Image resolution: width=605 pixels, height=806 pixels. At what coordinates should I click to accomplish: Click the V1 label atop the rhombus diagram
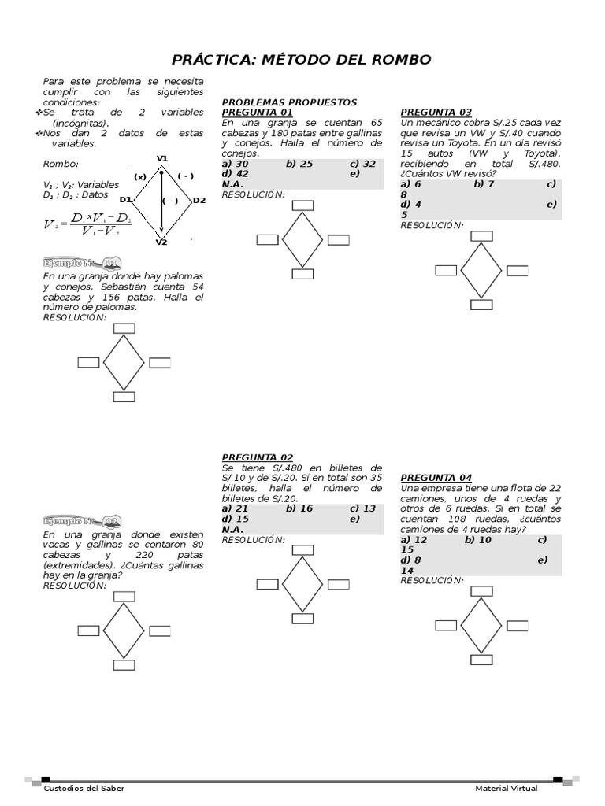tap(162, 158)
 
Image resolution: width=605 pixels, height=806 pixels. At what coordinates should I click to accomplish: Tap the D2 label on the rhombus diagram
tap(199, 200)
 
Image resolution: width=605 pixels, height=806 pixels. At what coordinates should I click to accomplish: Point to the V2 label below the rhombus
tap(161, 242)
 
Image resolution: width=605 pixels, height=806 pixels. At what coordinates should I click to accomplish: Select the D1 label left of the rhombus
tap(125, 199)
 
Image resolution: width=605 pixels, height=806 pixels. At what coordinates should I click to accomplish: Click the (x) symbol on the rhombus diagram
tap(140, 177)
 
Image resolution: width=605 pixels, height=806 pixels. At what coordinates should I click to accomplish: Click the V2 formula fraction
tap(88, 224)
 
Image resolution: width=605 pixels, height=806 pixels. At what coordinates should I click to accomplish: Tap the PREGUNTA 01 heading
tap(258, 112)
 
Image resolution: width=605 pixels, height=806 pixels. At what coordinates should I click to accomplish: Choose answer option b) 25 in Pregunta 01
tap(299, 164)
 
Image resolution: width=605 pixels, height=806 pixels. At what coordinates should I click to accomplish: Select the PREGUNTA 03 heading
tap(436, 112)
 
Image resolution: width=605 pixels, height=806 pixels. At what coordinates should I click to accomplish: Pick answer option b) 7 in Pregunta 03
tap(484, 184)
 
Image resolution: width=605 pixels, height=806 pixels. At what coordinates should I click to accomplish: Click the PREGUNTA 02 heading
tap(258, 457)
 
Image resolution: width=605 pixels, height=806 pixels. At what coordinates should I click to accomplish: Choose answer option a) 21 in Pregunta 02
tap(235, 508)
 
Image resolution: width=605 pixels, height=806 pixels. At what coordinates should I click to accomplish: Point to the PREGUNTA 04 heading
tap(436, 478)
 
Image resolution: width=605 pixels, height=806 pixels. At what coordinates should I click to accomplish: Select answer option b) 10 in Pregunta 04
tap(478, 540)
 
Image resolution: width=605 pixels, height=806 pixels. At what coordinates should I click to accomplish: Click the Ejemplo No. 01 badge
tap(82, 263)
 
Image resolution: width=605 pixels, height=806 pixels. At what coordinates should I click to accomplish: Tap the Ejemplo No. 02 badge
tap(82, 521)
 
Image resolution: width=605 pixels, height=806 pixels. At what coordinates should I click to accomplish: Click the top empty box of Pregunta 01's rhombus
tap(302, 205)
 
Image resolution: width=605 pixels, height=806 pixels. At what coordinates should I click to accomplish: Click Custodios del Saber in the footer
tap(84, 789)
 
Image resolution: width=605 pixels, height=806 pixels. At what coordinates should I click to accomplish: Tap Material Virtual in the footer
tap(507, 789)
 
